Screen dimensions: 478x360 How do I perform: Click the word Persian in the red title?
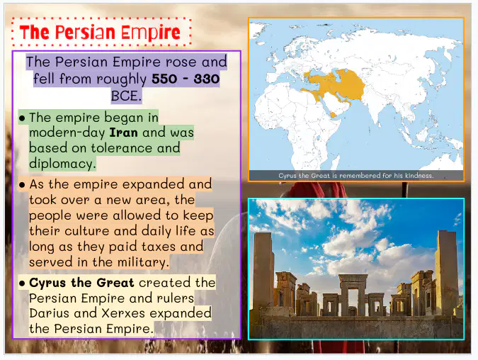click(x=86, y=33)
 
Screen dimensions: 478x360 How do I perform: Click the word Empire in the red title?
click(x=151, y=33)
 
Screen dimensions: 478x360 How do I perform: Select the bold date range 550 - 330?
click(x=186, y=79)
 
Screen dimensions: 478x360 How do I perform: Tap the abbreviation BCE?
click(x=126, y=96)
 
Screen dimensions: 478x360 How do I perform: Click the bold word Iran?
click(x=123, y=133)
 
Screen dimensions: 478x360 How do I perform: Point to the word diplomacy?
click(x=62, y=164)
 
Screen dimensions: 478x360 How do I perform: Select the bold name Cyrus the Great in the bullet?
click(x=81, y=283)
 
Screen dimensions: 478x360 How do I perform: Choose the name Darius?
click(x=49, y=313)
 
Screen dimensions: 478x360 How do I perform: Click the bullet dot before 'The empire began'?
click(x=22, y=118)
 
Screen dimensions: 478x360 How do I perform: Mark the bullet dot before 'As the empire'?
click(x=22, y=185)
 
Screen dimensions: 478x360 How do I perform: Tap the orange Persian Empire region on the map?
click(x=338, y=84)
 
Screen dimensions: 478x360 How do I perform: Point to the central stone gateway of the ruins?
click(x=353, y=294)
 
